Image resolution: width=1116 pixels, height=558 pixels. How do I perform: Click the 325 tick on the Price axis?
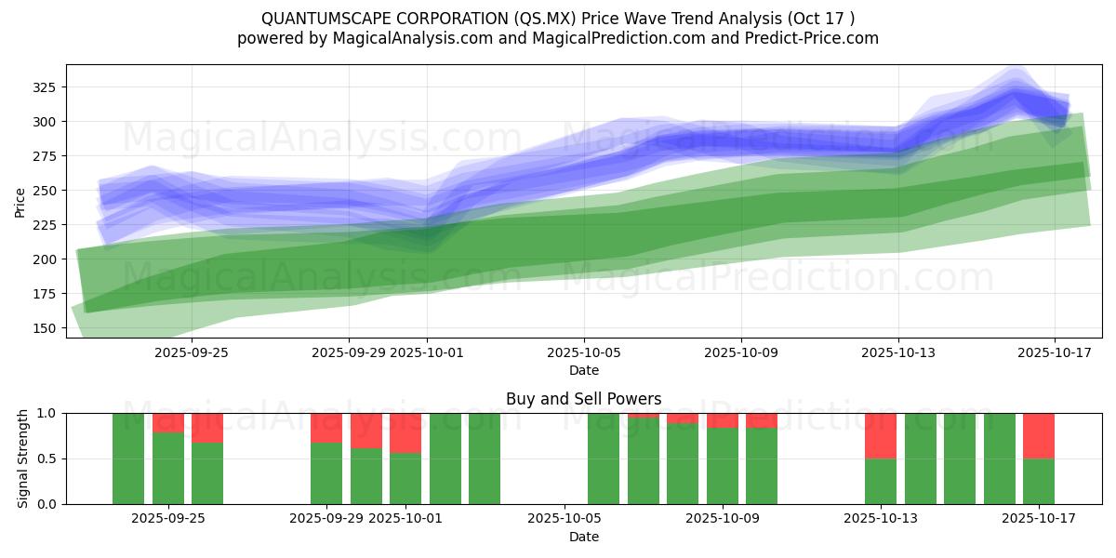click(46, 87)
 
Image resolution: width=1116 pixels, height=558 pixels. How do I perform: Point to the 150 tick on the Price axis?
click(46, 328)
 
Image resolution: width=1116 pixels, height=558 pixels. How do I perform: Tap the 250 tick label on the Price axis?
click(46, 191)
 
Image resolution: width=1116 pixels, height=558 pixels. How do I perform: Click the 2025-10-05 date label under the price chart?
click(584, 352)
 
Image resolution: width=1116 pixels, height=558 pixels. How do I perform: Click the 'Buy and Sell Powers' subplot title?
click(584, 399)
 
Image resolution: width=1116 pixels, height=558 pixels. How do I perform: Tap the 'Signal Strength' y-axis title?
click(24, 458)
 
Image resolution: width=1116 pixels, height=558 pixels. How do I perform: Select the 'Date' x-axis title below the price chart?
click(584, 370)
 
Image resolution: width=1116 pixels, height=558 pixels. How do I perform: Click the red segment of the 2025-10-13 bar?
click(881, 435)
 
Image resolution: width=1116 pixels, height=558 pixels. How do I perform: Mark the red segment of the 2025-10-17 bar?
click(1039, 435)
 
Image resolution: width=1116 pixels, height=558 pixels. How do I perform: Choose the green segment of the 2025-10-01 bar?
click(405, 478)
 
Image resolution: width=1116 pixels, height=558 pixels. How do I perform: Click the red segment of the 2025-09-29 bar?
click(326, 427)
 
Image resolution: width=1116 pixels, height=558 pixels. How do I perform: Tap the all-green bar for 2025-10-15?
click(960, 458)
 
